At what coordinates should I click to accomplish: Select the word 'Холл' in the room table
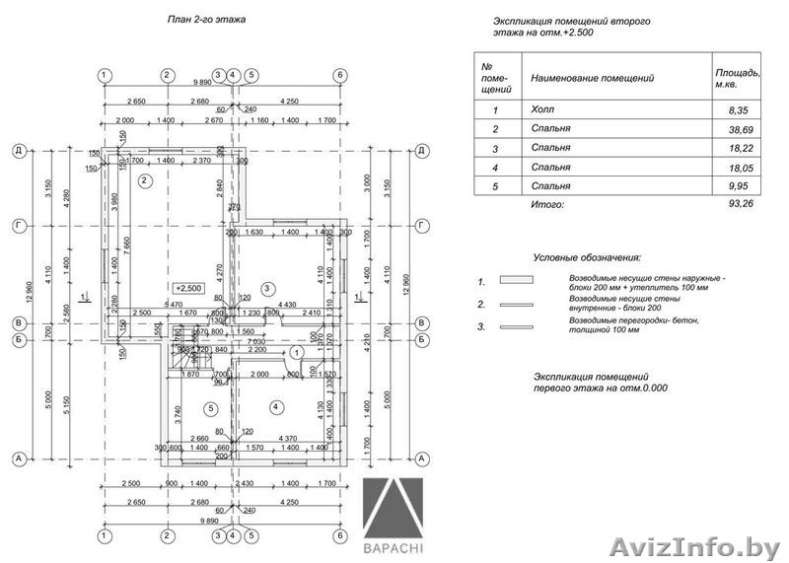541,111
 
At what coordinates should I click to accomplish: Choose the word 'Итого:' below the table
547,204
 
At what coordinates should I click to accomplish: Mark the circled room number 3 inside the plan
266,288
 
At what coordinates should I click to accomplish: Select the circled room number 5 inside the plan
209,407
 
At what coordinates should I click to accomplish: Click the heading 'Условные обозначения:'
587,256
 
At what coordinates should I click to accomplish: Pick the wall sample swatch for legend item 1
516,280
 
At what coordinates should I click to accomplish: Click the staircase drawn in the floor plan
182,362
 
